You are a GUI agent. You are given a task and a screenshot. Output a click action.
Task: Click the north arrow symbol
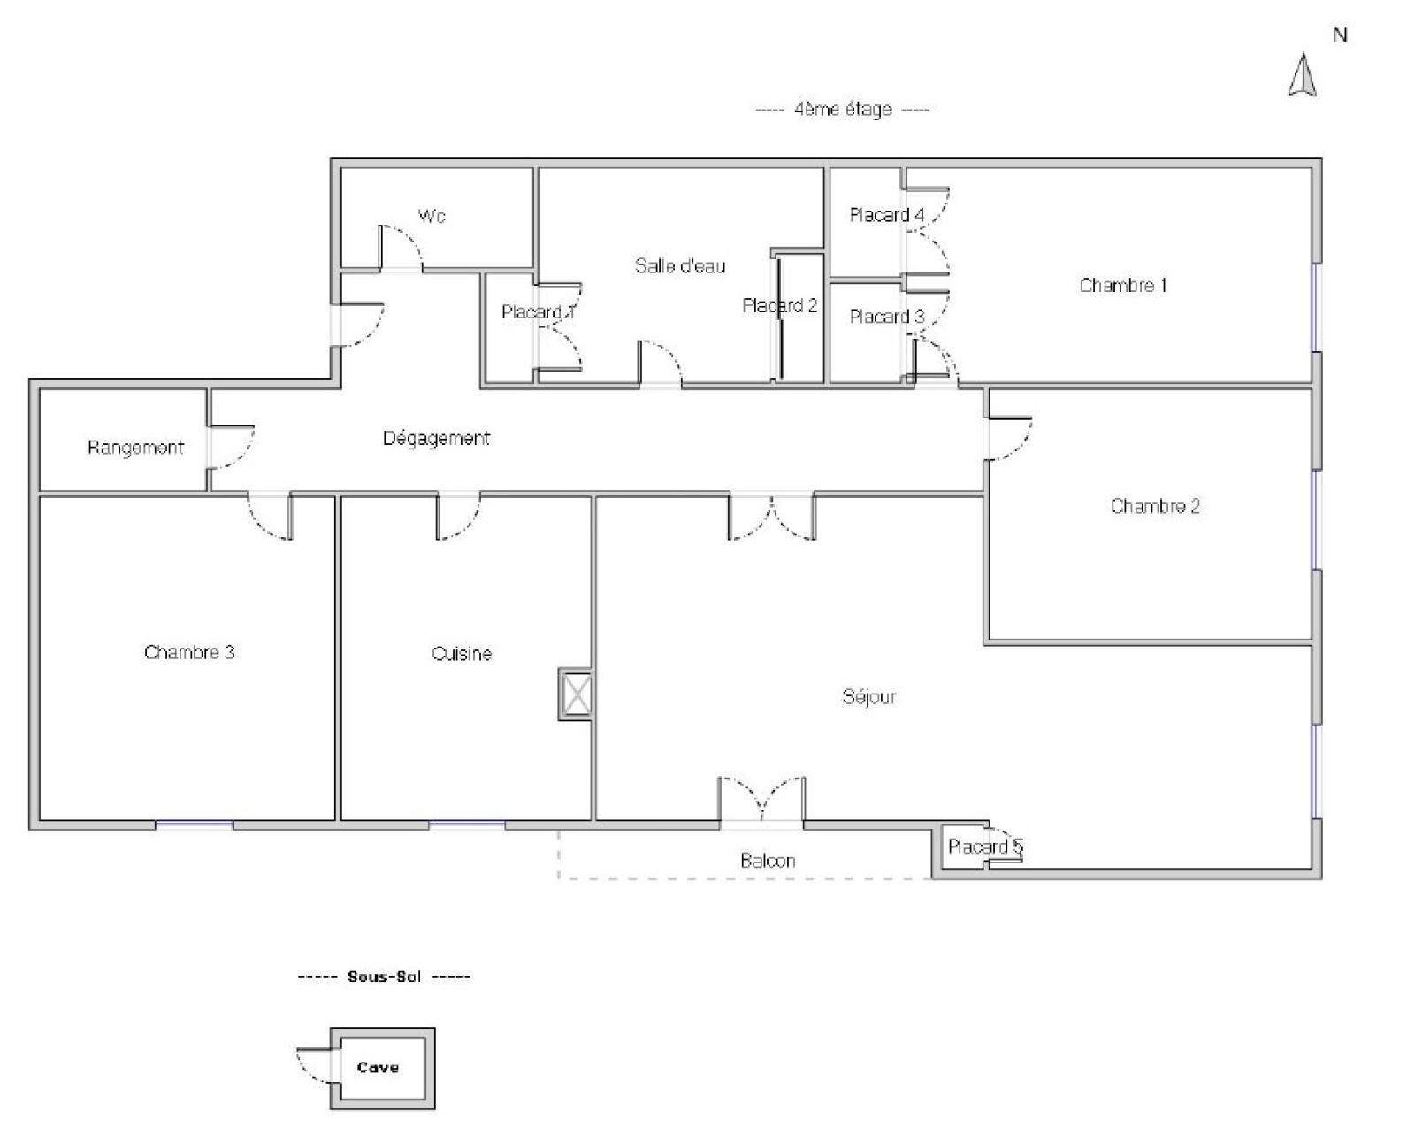point(1302,76)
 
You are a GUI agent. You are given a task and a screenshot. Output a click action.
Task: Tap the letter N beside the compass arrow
point(1340,35)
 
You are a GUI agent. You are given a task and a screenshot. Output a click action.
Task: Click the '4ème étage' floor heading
point(843,109)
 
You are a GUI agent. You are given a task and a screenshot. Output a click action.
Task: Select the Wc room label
point(432,216)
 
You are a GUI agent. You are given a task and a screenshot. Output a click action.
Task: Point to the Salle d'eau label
point(681,265)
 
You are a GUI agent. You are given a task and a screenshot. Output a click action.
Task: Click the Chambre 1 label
point(1123,285)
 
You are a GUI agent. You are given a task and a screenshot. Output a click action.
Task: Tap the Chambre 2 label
point(1155,506)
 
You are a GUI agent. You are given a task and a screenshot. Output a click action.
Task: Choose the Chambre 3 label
point(189,652)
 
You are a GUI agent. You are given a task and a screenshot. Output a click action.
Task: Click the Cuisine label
point(462,654)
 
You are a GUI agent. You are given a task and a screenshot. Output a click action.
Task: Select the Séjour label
point(869,697)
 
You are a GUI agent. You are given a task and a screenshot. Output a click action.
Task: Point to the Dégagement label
point(436,438)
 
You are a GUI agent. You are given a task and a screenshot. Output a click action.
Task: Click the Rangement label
point(135,449)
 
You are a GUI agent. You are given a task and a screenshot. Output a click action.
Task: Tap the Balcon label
point(768,861)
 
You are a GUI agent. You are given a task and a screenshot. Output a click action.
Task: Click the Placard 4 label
point(887,214)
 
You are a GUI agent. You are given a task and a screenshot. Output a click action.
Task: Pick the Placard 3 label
point(887,317)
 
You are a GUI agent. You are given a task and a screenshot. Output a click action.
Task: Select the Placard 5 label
point(985,847)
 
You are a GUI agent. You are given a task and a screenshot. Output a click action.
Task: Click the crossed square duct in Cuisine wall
point(576,694)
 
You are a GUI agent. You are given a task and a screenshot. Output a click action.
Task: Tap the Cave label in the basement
point(379,1067)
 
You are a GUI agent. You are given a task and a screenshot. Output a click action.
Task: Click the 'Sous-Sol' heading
point(384,977)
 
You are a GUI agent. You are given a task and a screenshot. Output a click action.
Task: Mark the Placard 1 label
point(538,312)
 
